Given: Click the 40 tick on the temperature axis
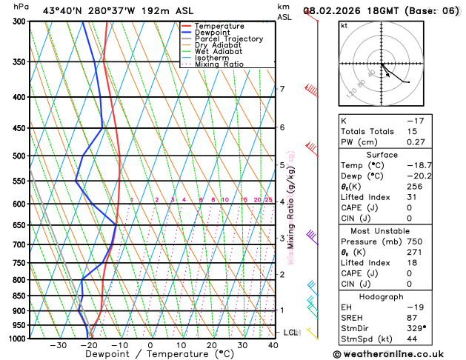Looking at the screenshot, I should pos(273,345).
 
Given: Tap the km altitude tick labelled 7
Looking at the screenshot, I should pos(282,90).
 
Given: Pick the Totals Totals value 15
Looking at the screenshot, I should pos(411,131).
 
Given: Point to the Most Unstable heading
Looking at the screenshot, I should pos(397,231).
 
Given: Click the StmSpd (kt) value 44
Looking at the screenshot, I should pos(412,339).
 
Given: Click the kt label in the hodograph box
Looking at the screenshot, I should pos(344,25).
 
